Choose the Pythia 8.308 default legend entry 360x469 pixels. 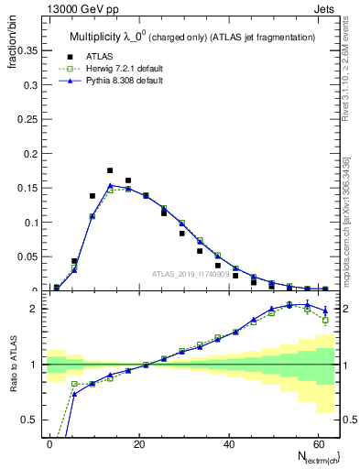(x=124, y=82)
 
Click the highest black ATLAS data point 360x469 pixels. (x=110, y=170)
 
